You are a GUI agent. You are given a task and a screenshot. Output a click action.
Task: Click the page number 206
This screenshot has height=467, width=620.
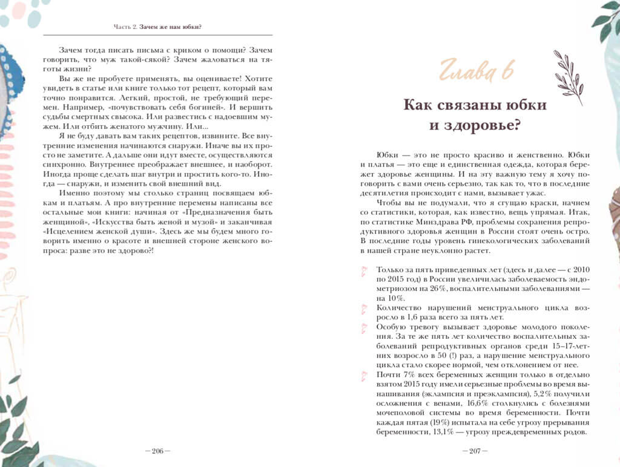[157, 451]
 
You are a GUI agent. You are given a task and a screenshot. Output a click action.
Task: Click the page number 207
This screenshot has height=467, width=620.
[475, 451]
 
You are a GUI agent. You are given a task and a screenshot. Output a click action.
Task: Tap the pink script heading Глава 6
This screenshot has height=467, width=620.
[477, 71]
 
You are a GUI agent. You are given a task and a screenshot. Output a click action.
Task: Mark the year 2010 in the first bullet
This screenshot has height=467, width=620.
[579, 269]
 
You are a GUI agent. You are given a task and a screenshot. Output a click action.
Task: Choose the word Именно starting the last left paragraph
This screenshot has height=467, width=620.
[74, 192]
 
